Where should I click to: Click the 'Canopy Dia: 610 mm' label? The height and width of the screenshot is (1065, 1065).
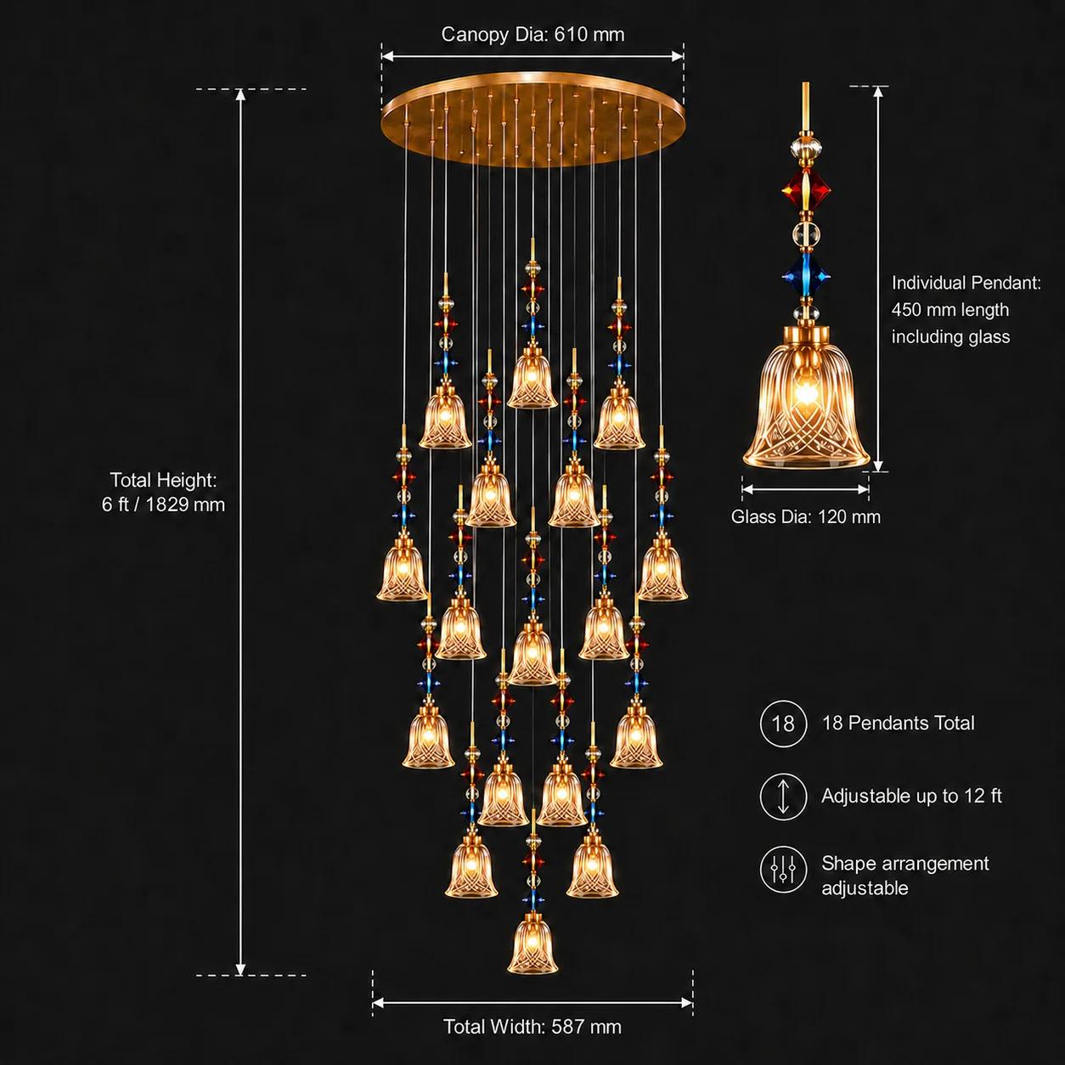[532, 34]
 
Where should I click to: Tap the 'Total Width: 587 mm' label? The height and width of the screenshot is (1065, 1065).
[532, 1027]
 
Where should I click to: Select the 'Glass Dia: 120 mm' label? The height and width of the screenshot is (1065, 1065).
[806, 516]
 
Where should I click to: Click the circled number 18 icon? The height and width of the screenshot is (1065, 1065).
[783, 724]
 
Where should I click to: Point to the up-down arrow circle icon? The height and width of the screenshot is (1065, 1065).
[783, 797]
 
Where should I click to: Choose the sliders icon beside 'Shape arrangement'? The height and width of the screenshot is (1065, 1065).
[783, 870]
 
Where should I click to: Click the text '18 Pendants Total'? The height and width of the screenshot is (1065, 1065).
[898, 723]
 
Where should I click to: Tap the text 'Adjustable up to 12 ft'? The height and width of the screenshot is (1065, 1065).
[911, 796]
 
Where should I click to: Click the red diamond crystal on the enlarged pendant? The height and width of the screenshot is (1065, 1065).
[806, 189]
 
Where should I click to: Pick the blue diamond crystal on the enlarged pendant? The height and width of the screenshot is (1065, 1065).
[806, 275]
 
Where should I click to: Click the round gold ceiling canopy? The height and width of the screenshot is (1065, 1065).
[532, 120]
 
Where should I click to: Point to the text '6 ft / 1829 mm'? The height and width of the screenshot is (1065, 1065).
[163, 504]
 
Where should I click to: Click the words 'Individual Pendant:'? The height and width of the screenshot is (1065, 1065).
[966, 283]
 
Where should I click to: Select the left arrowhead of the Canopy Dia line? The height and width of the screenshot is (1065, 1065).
[387, 56]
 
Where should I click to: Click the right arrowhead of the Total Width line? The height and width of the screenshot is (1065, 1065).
[686, 1002]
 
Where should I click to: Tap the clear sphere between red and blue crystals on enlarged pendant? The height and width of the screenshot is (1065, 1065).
[806, 234]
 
